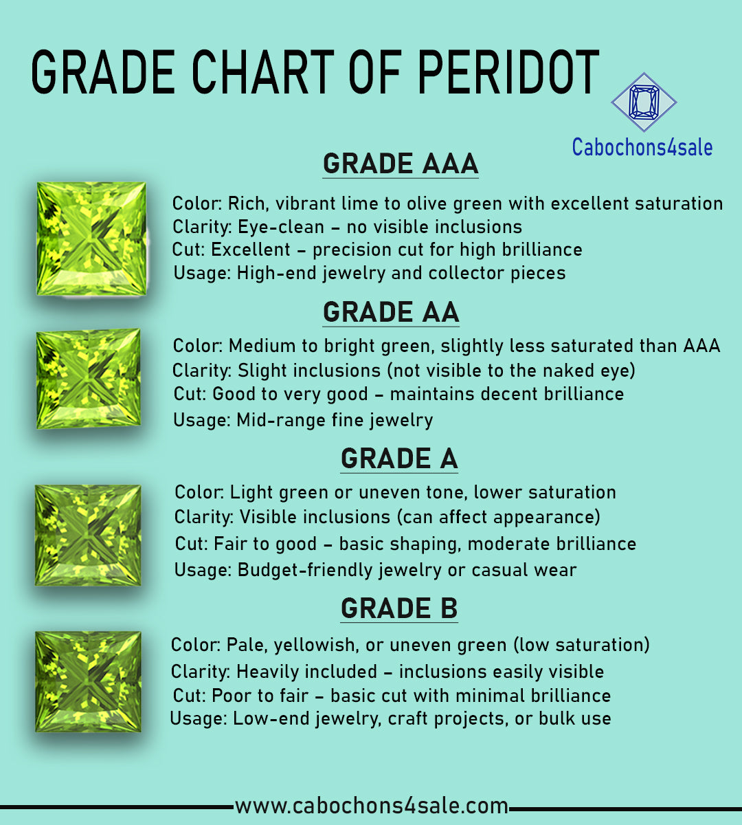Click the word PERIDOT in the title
[x=508, y=72]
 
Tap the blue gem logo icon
[x=644, y=102]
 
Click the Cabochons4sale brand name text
[x=642, y=147]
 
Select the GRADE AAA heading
[x=401, y=164]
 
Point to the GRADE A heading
[x=399, y=459]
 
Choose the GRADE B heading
[x=399, y=608]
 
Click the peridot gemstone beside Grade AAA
[x=91, y=239]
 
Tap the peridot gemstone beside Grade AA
[x=89, y=379]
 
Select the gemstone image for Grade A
[x=88, y=535]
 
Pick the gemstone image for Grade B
[x=88, y=682]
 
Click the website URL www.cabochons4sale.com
[x=372, y=806]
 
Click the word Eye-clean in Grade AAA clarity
[x=281, y=227]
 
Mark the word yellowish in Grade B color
[x=315, y=645]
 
